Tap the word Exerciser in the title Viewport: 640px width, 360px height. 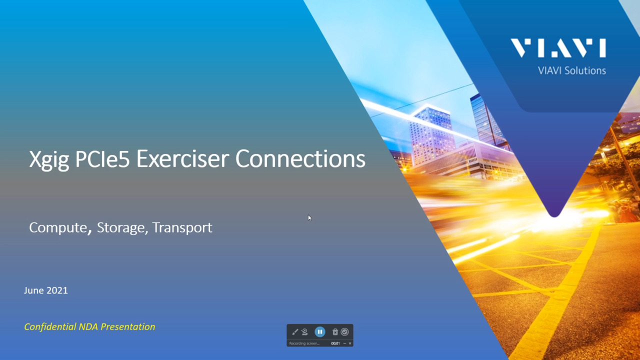[183, 159]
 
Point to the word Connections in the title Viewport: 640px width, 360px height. [300, 159]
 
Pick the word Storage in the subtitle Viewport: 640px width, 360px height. [120, 227]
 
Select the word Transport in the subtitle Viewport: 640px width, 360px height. [182, 227]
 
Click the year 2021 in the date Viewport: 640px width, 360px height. [57, 290]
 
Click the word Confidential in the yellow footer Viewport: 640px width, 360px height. [50, 327]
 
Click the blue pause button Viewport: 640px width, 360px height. [320, 332]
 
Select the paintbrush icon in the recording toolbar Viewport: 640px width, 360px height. [295, 332]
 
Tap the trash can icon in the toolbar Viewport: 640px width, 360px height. [335, 332]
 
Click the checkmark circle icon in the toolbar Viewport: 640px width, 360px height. [344, 332]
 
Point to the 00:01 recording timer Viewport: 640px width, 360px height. [335, 343]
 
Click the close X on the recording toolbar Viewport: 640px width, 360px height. [350, 343]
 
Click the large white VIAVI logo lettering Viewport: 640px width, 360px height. [558, 48]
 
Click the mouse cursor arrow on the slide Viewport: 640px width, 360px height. [309, 217]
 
